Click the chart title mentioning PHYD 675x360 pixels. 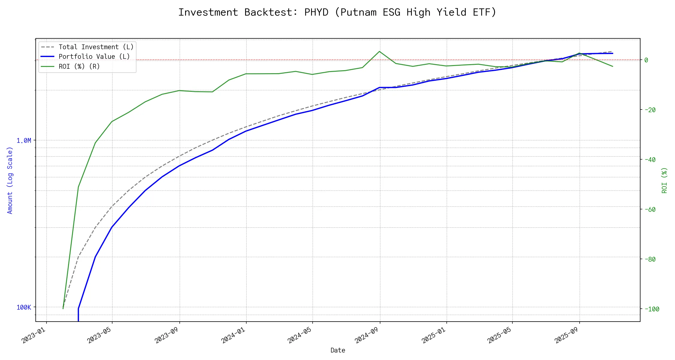[x=337, y=12]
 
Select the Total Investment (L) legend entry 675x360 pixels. [x=96, y=47]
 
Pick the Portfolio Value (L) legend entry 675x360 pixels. [x=94, y=57]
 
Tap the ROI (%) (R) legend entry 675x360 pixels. [x=79, y=66]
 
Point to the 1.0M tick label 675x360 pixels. [x=24, y=140]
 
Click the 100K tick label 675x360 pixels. [x=24, y=307]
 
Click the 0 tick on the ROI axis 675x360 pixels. [x=646, y=60]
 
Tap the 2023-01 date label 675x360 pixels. [x=34, y=335]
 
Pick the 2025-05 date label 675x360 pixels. [x=499, y=335]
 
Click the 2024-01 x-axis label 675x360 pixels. [x=234, y=335]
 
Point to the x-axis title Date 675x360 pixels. [x=337, y=350]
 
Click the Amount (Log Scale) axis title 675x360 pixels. [x=10, y=180]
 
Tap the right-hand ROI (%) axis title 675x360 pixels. [x=664, y=180]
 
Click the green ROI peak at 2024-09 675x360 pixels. [x=379, y=52]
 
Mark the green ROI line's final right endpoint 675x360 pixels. [x=613, y=66]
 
